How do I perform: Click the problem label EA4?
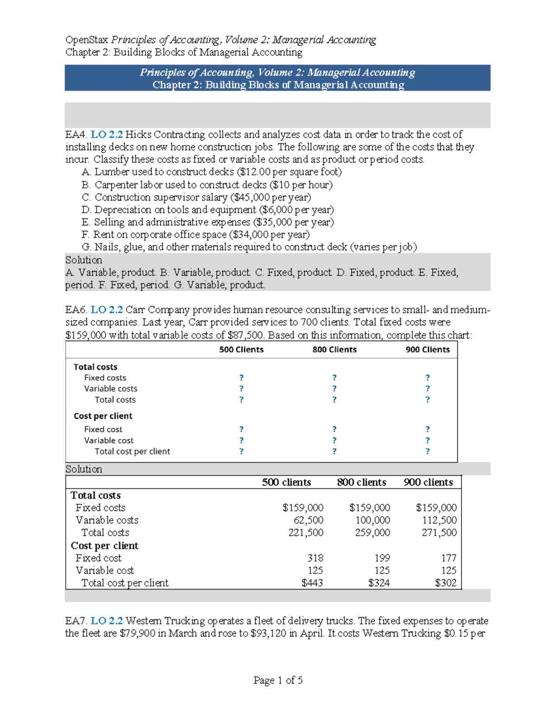click(76, 135)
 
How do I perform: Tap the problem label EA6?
click(76, 310)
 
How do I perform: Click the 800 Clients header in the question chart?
click(335, 350)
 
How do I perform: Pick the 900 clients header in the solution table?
click(428, 482)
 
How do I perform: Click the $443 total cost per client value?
click(312, 583)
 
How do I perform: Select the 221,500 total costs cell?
click(306, 533)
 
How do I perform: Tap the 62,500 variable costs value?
click(309, 520)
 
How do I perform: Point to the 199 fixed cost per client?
click(382, 558)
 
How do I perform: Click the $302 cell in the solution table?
click(446, 583)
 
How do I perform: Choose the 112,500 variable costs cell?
click(439, 520)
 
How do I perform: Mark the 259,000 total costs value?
click(373, 533)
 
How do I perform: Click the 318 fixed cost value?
click(316, 558)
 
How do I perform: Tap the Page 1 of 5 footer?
click(278, 680)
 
